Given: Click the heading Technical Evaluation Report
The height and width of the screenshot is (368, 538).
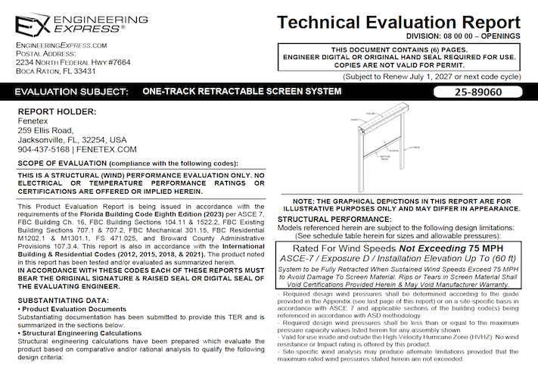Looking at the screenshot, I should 398,22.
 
